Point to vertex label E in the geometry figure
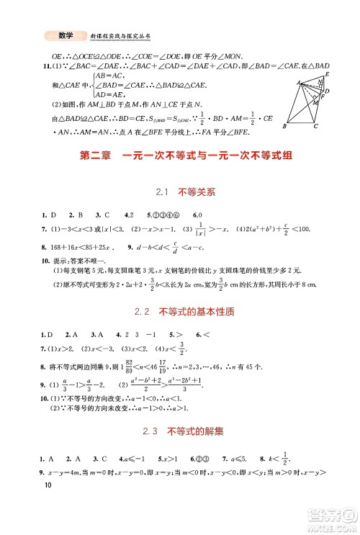[x=328, y=74]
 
